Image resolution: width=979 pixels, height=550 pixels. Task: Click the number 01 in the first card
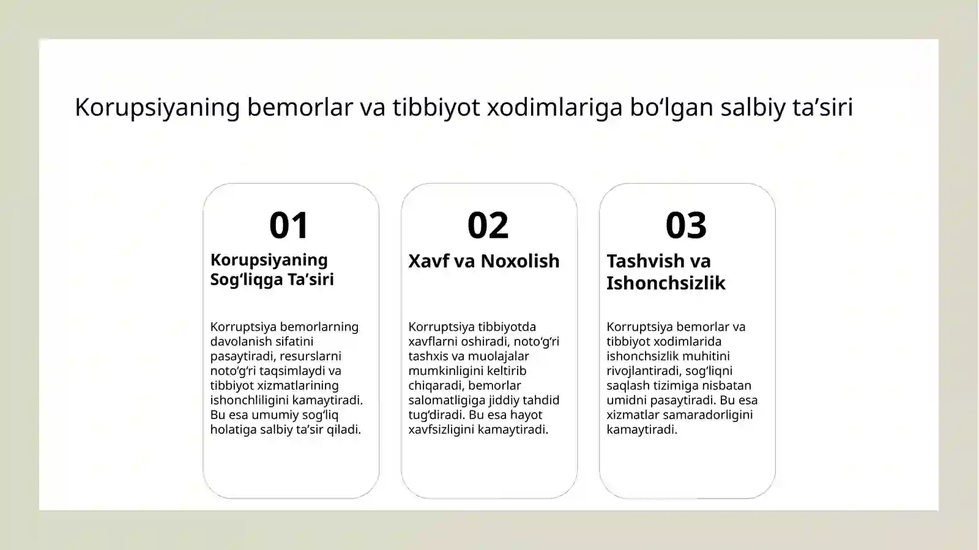[x=289, y=225]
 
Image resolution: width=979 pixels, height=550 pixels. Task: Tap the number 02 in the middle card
[x=488, y=225]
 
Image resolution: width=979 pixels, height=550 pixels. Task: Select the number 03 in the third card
[x=686, y=225]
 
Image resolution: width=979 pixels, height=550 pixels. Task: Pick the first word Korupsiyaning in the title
[x=157, y=107]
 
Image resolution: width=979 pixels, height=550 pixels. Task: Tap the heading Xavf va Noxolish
[x=483, y=261]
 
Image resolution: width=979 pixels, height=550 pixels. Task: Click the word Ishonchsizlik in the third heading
[x=666, y=283]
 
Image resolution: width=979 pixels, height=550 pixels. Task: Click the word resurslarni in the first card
[x=310, y=356]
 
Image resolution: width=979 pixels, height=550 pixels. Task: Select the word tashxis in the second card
[x=428, y=356]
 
